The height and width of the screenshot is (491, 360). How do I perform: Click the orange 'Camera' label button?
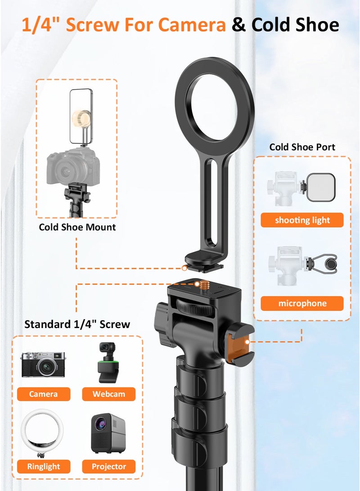point(44,394)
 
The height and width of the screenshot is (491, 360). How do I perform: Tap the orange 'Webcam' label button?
point(108,394)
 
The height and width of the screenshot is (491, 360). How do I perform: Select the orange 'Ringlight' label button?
point(44,466)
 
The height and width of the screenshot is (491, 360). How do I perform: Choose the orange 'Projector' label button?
point(108,466)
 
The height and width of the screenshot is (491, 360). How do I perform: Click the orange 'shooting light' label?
point(302,220)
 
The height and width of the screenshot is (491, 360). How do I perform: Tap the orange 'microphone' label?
point(302,303)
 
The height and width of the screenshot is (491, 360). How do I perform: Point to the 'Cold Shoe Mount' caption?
point(77,227)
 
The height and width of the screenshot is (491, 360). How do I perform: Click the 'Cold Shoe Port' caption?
point(302,147)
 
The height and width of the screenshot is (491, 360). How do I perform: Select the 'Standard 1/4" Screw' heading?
point(77,324)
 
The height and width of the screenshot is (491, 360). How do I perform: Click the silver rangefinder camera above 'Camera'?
point(43,365)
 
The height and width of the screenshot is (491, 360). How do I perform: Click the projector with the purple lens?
point(108,433)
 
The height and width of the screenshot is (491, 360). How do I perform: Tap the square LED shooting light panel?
point(321,187)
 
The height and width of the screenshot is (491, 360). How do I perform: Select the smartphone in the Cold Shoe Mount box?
point(81,116)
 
